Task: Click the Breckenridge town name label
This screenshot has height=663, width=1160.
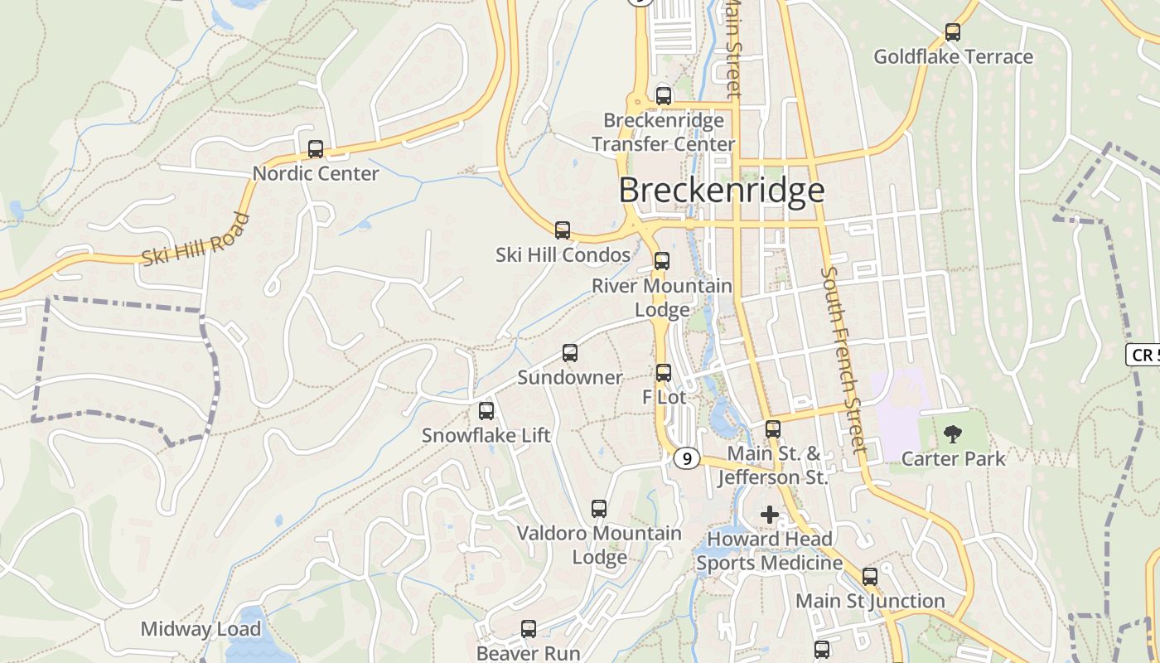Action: (722, 191)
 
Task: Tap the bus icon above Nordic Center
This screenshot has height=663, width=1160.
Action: (316, 149)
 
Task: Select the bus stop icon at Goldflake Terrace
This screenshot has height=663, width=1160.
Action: (953, 32)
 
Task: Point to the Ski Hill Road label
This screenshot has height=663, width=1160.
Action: (196, 240)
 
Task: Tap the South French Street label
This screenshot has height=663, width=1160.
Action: (844, 360)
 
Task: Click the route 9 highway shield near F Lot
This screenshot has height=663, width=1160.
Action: (686, 458)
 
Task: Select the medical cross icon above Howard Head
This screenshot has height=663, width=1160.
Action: (770, 515)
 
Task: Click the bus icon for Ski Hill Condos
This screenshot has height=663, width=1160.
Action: (563, 230)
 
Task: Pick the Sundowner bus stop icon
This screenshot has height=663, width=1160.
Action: (570, 353)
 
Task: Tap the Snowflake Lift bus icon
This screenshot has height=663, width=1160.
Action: (486, 410)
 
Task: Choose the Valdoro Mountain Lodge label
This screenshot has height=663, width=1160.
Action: (599, 544)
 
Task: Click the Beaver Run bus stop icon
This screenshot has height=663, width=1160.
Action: (529, 629)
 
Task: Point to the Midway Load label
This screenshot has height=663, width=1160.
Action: (201, 629)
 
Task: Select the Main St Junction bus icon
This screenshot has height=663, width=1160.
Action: (870, 576)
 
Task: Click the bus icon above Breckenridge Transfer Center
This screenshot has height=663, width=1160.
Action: (663, 95)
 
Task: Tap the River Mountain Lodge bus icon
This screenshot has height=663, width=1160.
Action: (661, 261)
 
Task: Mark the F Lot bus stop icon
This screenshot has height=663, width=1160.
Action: (664, 373)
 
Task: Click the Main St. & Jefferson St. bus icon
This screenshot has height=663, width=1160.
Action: (773, 429)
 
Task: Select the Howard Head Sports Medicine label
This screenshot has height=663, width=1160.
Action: (769, 551)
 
